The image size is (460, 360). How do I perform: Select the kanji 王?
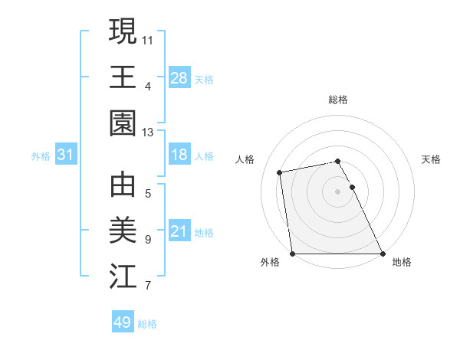123,77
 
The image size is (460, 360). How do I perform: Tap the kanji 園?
123,123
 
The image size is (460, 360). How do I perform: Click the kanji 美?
123,230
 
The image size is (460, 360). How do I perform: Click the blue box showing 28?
179,77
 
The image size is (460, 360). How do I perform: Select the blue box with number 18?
179,155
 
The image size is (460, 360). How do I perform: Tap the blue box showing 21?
179,232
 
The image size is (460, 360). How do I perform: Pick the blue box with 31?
66,155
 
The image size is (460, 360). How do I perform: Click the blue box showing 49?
122,322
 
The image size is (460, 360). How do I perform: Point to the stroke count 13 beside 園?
148,133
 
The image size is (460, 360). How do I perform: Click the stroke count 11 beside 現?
148,38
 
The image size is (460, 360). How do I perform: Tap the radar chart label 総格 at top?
338,100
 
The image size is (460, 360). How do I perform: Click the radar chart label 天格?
432,159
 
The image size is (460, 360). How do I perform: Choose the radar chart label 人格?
245,159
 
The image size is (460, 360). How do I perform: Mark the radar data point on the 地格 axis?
383,254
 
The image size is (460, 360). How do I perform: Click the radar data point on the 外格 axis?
292,254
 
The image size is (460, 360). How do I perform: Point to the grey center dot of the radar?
338,191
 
